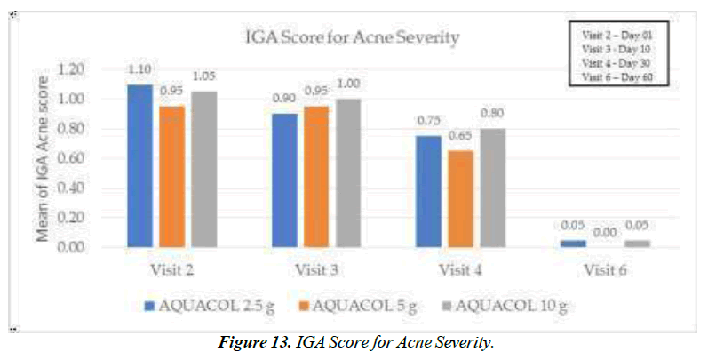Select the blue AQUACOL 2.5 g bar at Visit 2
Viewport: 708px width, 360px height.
pos(139,165)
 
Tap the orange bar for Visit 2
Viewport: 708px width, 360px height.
pos(171,176)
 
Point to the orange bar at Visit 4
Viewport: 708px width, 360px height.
pos(461,198)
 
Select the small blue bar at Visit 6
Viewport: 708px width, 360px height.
pos(574,243)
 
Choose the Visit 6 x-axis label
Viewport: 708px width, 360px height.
pos(606,268)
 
